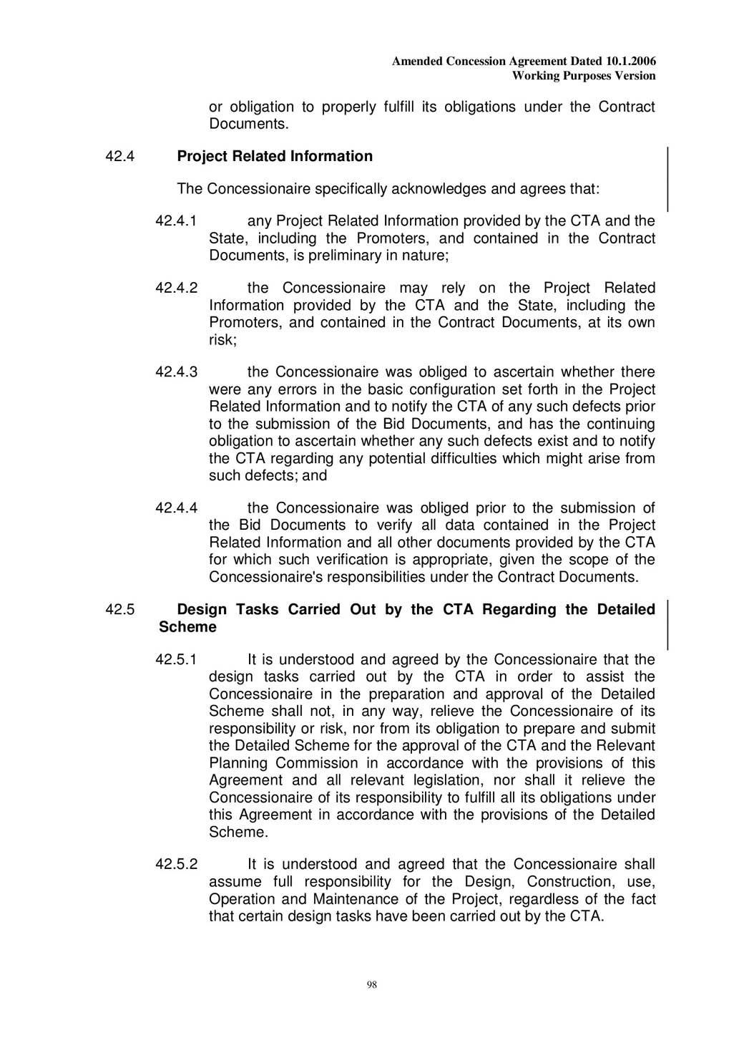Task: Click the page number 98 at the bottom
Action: tap(371, 985)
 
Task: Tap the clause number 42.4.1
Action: tap(176, 221)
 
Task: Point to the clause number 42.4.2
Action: tap(176, 288)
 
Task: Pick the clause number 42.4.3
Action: tap(176, 372)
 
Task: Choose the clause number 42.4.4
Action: tap(176, 508)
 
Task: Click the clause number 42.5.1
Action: tap(176, 660)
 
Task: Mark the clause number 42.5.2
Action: tap(176, 865)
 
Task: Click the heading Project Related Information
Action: tap(275, 157)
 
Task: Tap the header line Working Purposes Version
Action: tap(584, 76)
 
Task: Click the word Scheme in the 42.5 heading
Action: tap(187, 628)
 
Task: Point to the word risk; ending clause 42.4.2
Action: tap(222, 340)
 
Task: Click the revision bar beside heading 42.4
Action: tap(667, 179)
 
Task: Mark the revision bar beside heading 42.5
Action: tap(667, 625)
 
